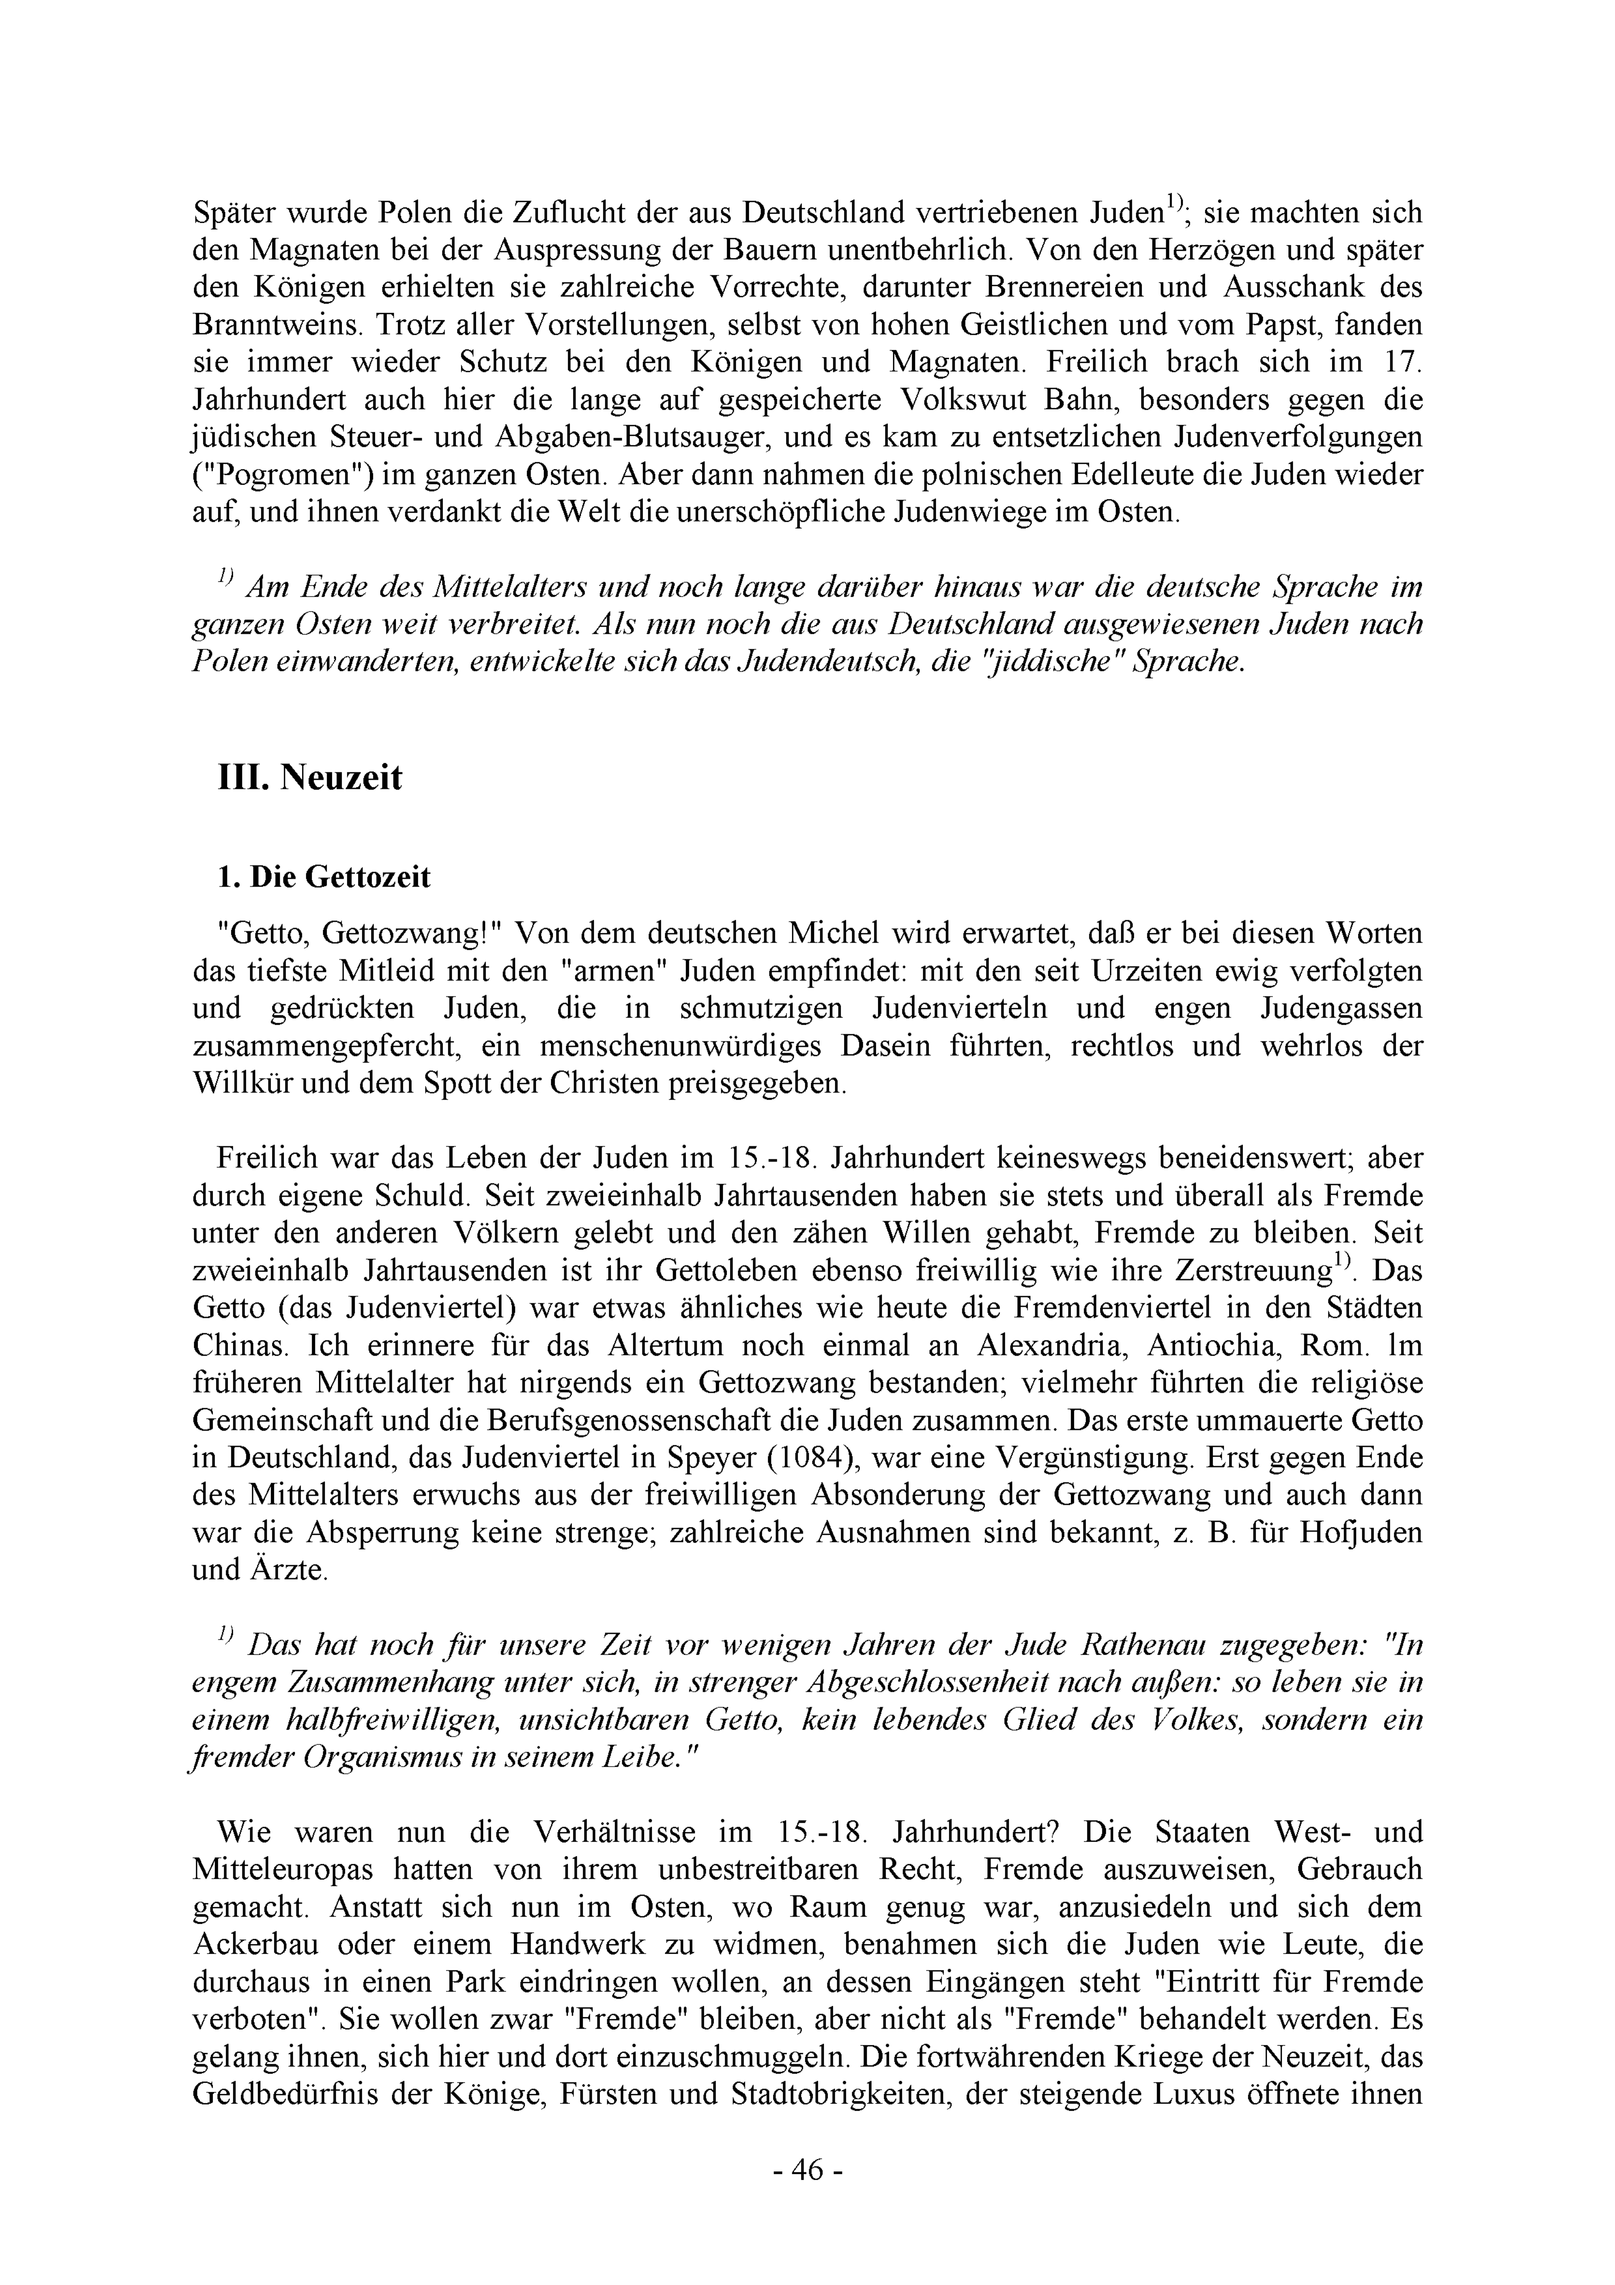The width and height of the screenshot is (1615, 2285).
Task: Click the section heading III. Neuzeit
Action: pos(309,777)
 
